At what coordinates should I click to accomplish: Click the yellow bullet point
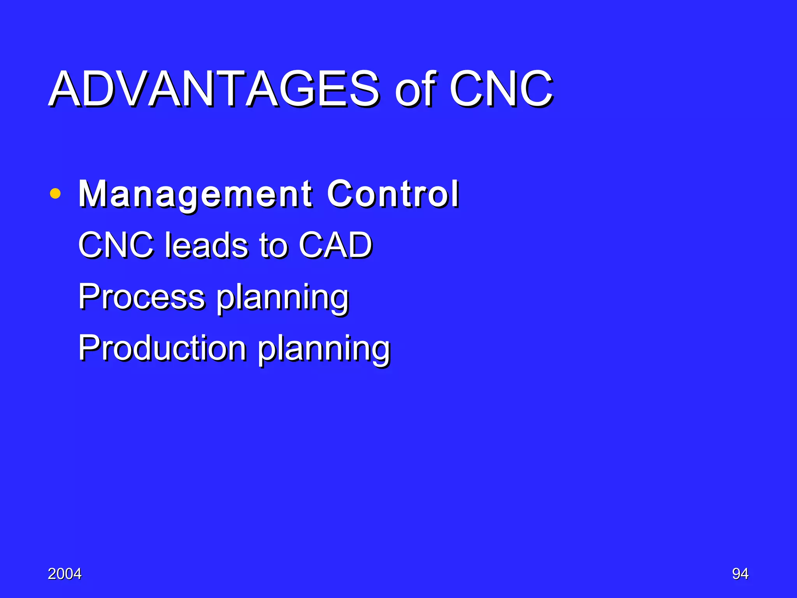click(x=55, y=193)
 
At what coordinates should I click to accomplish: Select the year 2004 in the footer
click(x=65, y=574)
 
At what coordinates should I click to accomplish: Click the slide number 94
click(x=740, y=574)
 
